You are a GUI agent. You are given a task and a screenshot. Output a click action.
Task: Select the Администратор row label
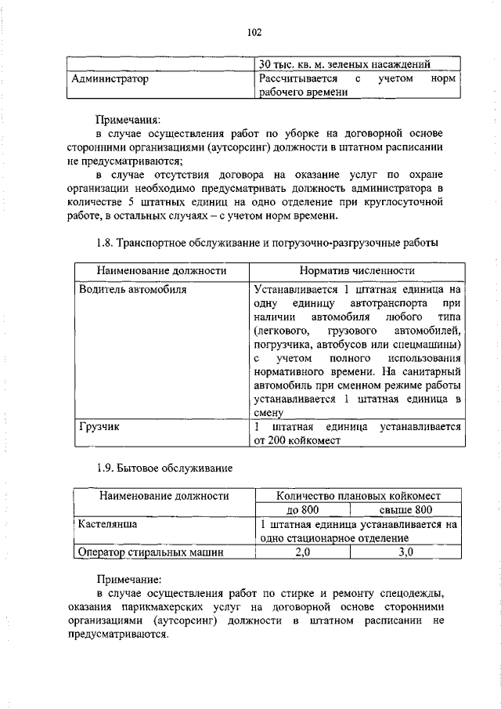[x=110, y=79]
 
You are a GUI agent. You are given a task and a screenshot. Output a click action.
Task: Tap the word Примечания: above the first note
[x=128, y=121]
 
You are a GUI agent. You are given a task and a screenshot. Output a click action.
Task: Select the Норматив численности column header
[x=356, y=270]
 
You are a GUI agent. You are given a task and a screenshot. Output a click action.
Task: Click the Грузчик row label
[x=99, y=428]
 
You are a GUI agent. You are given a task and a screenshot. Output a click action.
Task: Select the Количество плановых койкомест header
[x=359, y=495]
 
